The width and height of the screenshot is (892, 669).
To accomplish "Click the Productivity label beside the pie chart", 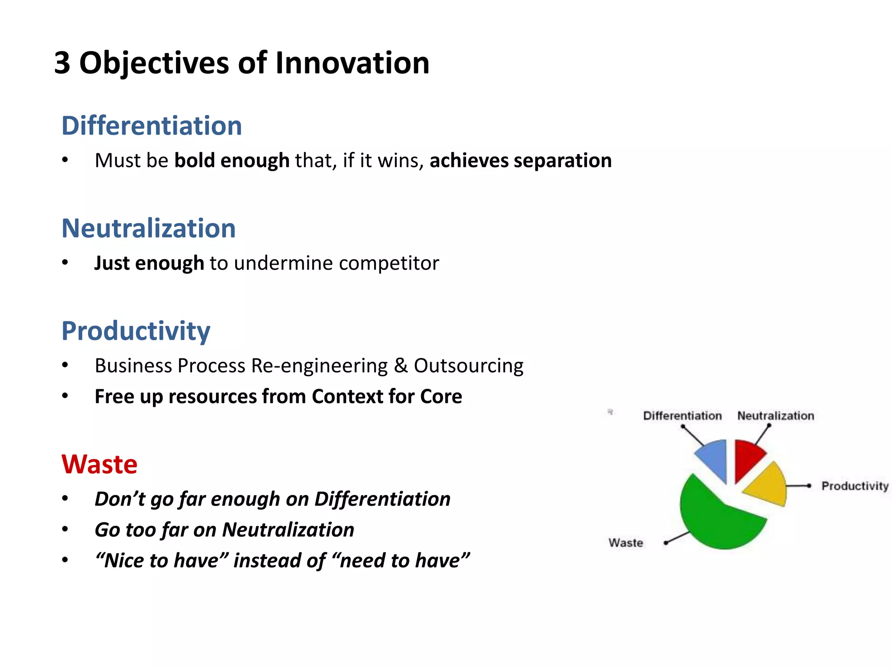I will tap(855, 486).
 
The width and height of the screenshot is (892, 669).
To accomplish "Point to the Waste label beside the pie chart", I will tap(625, 543).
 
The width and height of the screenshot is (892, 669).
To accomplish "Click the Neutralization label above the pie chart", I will tap(775, 416).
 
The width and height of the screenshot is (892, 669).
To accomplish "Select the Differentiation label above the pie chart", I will tap(682, 416).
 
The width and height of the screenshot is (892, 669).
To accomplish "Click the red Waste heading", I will tap(99, 464).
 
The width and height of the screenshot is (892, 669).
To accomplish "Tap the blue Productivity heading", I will tap(135, 331).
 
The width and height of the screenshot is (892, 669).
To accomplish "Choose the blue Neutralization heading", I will tap(149, 228).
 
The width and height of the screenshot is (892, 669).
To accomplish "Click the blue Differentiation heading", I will tap(152, 126).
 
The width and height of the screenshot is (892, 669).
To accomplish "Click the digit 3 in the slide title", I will tap(62, 63).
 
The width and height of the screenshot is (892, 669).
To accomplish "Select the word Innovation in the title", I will tap(352, 63).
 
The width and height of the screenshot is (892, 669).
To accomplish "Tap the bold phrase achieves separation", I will tap(520, 160).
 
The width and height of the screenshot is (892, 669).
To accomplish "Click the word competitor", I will tap(389, 263).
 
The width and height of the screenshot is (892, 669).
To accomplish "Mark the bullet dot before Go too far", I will tap(65, 530).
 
